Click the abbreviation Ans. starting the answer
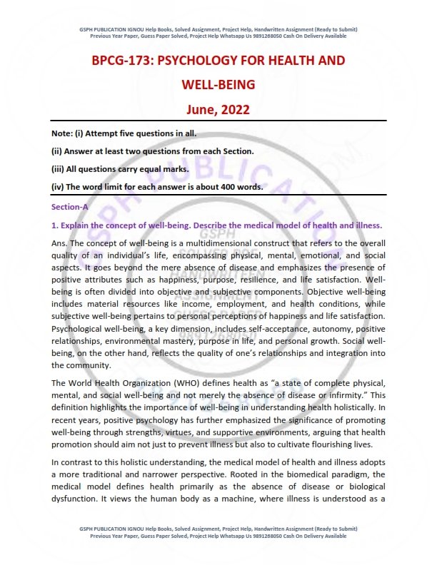pos(60,243)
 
